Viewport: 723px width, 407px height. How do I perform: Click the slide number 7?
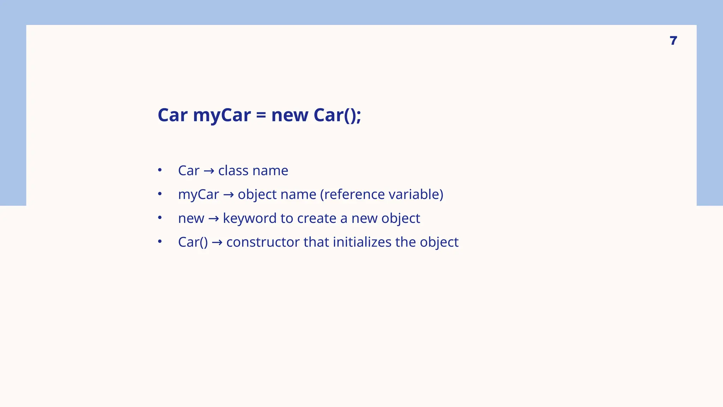673,41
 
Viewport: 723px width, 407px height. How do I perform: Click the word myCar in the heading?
222,116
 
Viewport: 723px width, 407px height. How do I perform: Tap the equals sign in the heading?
261,116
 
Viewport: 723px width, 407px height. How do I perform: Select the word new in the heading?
289,116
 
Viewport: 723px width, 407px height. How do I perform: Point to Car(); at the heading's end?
337,116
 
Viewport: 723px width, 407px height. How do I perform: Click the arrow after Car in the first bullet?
209,171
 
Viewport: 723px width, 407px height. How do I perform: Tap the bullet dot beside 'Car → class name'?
160,170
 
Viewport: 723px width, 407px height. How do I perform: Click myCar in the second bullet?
198,195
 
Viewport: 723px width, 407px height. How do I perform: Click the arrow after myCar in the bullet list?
228,195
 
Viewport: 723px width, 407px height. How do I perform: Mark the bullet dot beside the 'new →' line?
160,218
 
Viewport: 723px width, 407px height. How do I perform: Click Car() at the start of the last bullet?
193,242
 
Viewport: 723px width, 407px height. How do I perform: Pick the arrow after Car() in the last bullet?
217,242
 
